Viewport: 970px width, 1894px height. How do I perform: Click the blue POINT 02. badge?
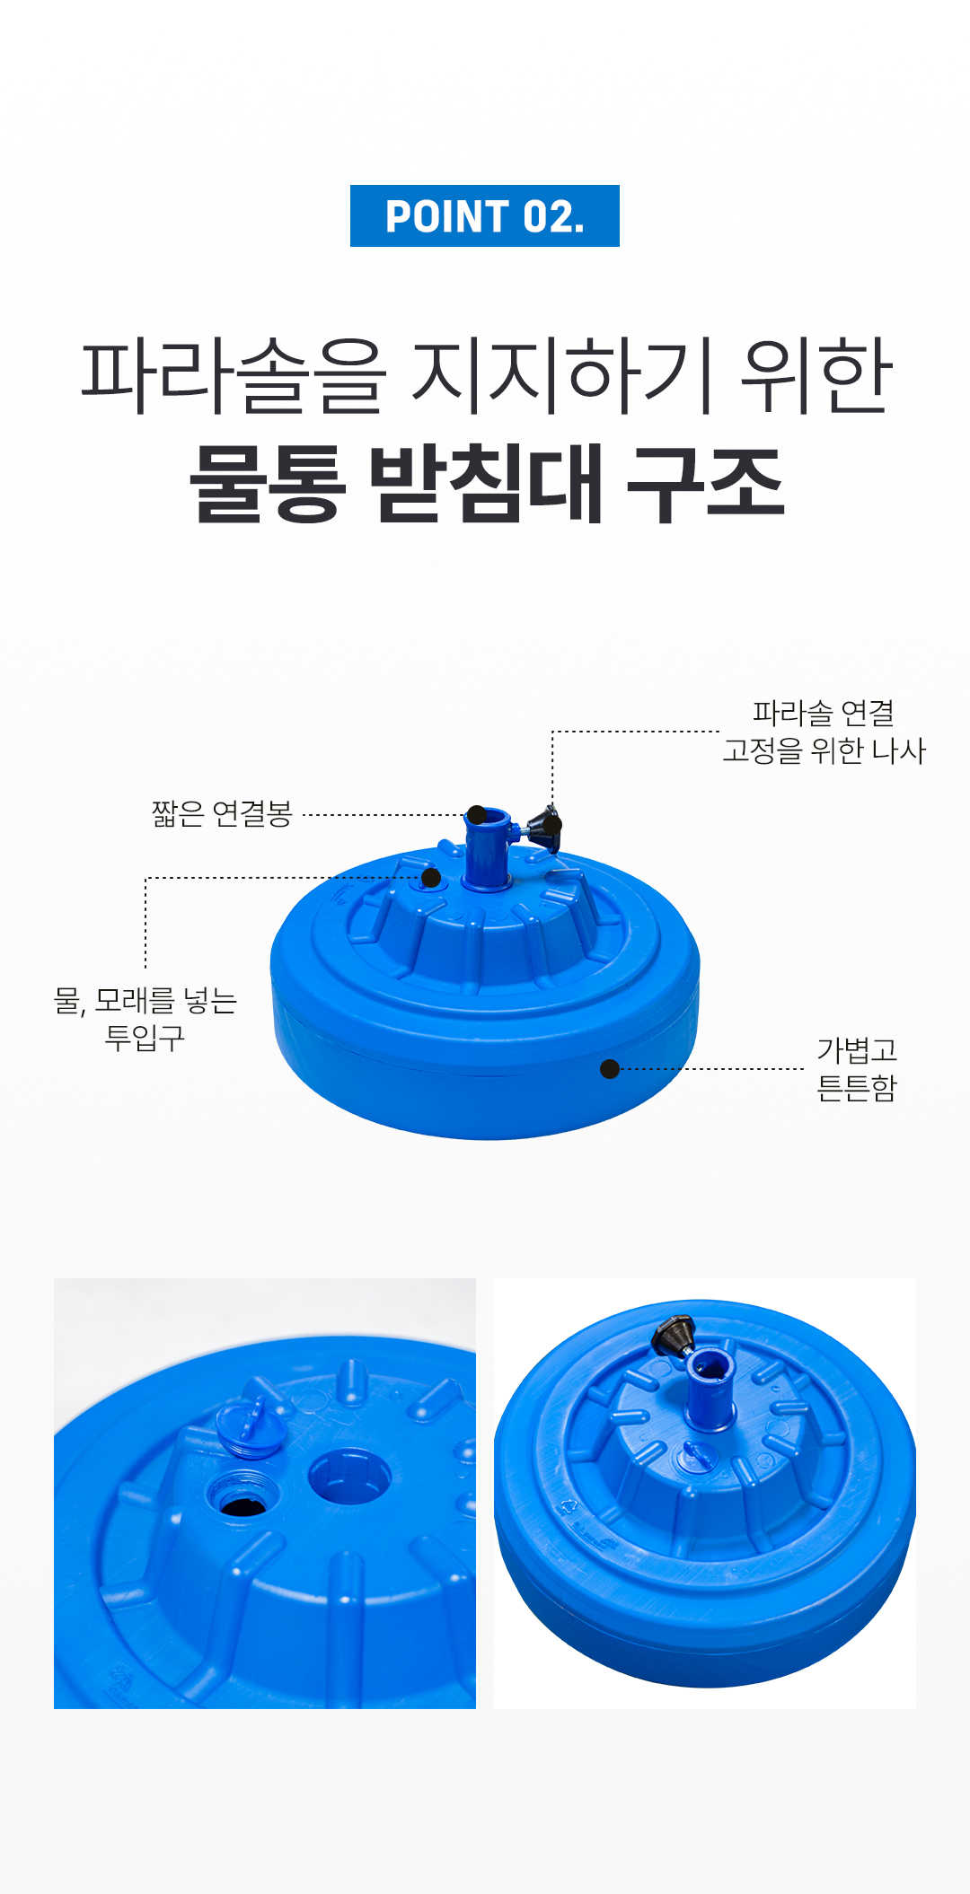485,215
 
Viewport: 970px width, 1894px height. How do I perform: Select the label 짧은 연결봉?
222,813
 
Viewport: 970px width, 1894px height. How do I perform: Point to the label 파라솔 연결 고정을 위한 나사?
824,732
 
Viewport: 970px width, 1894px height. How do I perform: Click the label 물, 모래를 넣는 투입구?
145,1018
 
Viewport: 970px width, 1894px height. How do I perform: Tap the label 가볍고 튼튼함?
857,1068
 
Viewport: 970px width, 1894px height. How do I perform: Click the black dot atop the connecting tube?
477,815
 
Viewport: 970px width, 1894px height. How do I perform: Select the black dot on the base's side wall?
610,1069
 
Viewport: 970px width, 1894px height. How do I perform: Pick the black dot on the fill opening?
431,878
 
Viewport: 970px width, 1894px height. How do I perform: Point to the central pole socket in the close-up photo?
349,1476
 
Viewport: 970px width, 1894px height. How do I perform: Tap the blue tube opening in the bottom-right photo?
710,1366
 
